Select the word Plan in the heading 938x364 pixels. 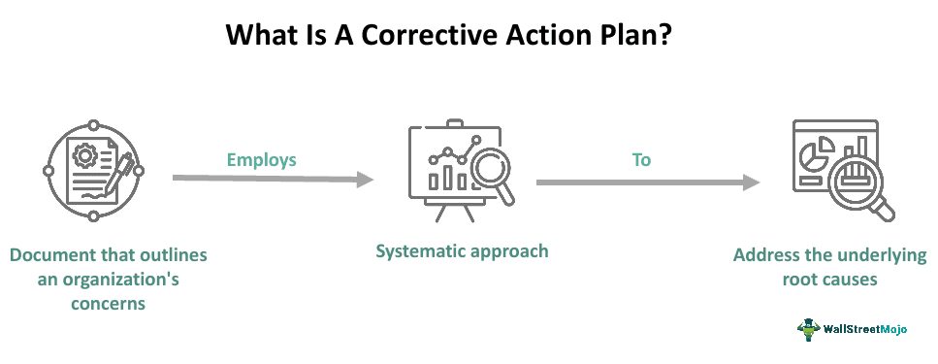click(658, 36)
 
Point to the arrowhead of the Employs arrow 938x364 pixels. click(365, 180)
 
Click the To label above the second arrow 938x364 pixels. click(641, 159)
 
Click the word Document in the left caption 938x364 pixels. click(57, 255)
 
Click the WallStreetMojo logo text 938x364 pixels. click(865, 329)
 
